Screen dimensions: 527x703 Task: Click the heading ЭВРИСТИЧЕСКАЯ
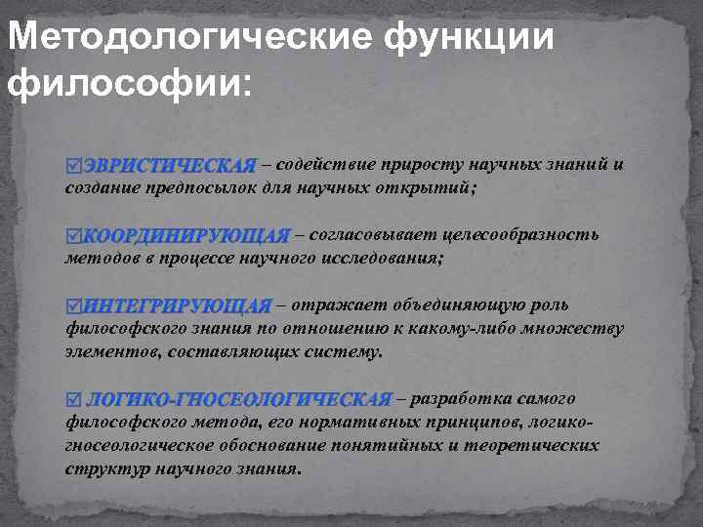coord(168,165)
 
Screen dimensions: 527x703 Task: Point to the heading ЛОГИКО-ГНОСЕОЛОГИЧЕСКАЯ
coord(238,399)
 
